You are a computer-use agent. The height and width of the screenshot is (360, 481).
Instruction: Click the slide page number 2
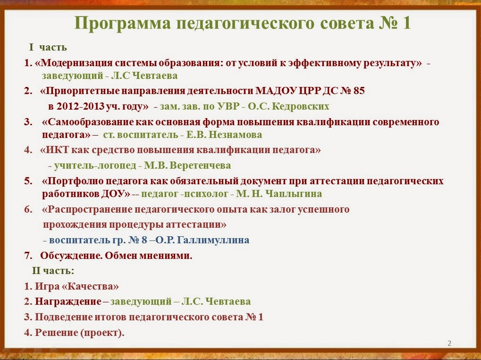449,343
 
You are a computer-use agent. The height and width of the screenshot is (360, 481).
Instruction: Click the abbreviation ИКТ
57,150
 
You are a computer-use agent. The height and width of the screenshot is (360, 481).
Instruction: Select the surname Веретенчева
201,165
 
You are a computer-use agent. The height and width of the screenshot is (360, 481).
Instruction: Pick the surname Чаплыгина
294,194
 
